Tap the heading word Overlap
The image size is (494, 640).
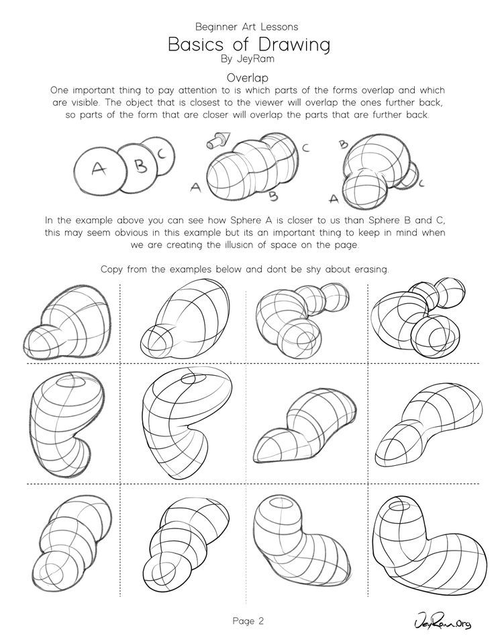point(247,77)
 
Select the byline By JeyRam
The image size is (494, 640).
point(247,59)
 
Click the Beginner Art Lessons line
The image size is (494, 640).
point(247,27)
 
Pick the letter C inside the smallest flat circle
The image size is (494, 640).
point(161,153)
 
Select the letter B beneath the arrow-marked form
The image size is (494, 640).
point(273,196)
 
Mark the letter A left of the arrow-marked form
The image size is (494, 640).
point(195,188)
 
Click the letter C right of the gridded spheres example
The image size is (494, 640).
point(420,182)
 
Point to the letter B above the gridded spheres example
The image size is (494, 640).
point(343,143)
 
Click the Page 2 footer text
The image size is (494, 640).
point(247,619)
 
